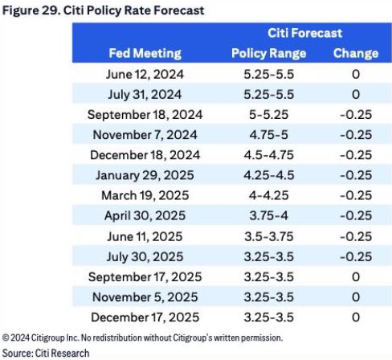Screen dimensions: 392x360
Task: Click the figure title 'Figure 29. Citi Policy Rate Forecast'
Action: pos(103,10)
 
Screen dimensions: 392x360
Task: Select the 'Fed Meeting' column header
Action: pos(145,53)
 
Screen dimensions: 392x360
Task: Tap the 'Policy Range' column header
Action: pos(268,53)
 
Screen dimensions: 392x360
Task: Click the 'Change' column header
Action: pos(356,53)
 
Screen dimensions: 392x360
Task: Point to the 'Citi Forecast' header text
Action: pos(304,33)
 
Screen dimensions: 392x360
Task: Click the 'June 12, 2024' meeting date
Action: pos(145,75)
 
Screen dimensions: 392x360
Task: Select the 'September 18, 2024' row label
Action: pos(145,115)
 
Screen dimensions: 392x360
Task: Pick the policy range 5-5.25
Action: pos(268,115)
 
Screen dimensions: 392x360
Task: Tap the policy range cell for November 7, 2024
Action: pos(268,135)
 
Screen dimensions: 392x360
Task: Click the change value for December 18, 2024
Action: pos(356,155)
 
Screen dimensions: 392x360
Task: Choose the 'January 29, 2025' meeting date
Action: pos(145,175)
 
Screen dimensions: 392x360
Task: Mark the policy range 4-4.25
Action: pos(268,195)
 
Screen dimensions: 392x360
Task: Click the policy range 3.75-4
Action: pos(268,215)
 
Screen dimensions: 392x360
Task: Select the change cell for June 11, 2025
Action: pos(356,236)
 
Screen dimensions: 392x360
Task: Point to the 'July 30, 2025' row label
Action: pos(145,257)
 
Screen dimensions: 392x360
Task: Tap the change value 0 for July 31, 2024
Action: pos(356,95)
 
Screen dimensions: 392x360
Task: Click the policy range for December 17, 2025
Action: pos(268,317)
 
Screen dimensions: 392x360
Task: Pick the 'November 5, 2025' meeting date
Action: pos(145,297)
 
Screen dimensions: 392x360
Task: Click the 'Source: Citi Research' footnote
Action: pos(46,353)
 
